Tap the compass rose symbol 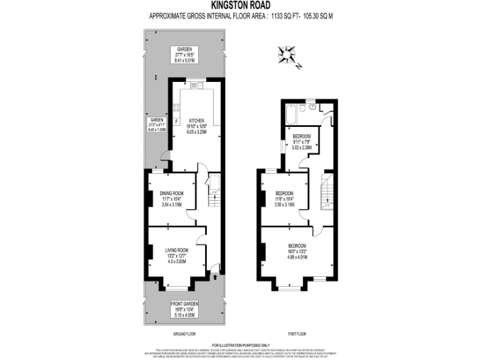click(289, 54)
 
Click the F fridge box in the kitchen click(176, 120)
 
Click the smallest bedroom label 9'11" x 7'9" click(302, 142)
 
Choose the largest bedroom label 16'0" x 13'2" click(297, 251)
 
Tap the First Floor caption click(297, 334)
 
